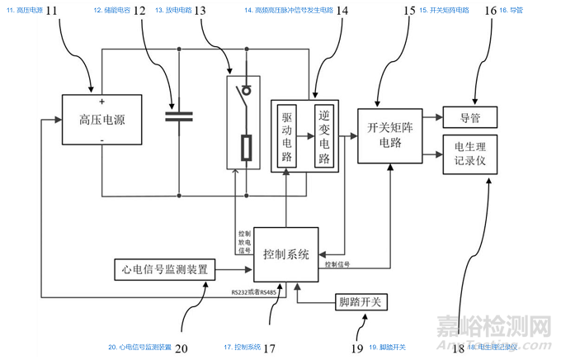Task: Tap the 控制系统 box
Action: [x=286, y=253]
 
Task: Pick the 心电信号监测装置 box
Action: [x=163, y=269]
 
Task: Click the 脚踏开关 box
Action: [x=361, y=303]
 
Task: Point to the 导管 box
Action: [x=469, y=117]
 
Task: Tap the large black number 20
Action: [x=182, y=348]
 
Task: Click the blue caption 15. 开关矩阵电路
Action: [x=444, y=11]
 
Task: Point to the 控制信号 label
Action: [x=338, y=265]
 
